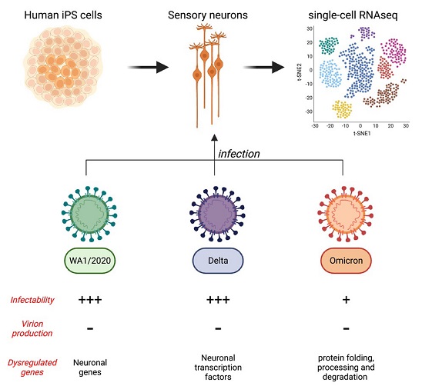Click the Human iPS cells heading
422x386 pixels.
pos(63,15)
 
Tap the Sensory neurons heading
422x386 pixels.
pos(208,15)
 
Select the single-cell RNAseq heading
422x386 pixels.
pos(353,15)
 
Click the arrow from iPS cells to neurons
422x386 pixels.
pos(148,67)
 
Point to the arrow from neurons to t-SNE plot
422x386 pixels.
pos(263,67)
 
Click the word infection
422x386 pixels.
pos(239,154)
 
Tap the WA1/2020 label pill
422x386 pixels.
pos(90,261)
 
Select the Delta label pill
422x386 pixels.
pos(218,261)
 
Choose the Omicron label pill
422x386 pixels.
pos(346,261)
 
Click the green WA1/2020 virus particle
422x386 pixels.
pos(89,214)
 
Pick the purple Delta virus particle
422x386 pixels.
pos(217,214)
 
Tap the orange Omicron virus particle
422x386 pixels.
pos(346,214)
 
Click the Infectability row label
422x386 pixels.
pos(32,300)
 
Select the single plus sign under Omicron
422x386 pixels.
pos(346,300)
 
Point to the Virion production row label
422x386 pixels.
pos(32,328)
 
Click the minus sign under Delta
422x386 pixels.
pos(218,328)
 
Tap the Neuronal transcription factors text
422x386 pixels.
pos(218,368)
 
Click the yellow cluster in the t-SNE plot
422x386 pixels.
pos(342,109)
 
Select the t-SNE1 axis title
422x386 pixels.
pos(362,133)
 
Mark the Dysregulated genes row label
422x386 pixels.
pos(32,368)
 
